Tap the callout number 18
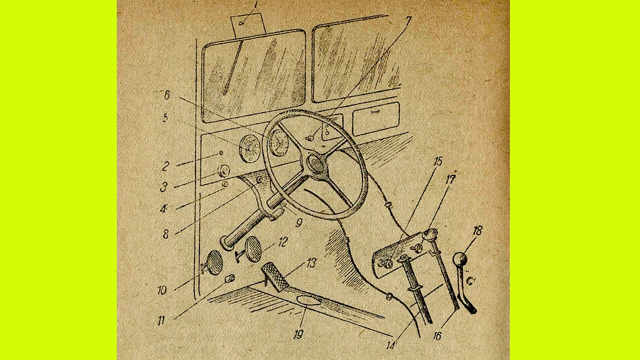click(477, 231)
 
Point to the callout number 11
click(161, 321)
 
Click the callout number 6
click(167, 95)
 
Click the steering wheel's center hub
click(316, 164)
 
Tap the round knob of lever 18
click(459, 259)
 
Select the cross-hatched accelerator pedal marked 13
click(275, 276)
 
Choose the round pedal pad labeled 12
click(253, 249)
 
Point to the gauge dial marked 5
click(250, 148)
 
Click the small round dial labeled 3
click(223, 170)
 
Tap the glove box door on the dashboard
click(375, 119)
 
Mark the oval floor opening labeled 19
click(308, 301)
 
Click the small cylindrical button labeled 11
click(230, 278)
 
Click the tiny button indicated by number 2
click(221, 153)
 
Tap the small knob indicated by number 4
click(225, 184)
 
